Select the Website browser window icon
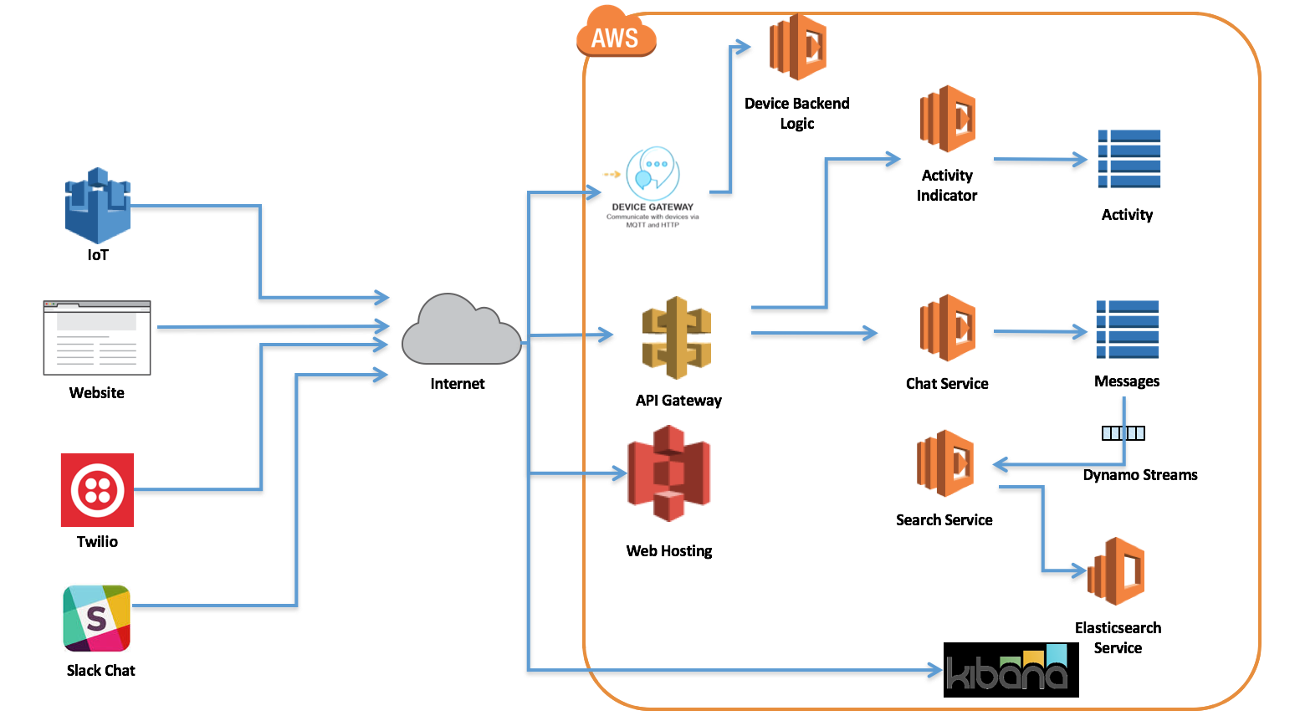click(97, 338)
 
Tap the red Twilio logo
click(97, 490)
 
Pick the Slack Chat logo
click(97, 618)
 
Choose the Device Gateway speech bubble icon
click(653, 173)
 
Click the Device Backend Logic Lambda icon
click(798, 47)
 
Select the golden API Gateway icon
click(677, 338)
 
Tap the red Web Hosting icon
click(669, 473)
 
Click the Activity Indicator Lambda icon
click(948, 119)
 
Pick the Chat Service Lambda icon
click(948, 328)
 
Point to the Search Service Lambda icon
click(945, 463)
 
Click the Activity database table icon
click(1129, 159)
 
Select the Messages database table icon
click(1128, 330)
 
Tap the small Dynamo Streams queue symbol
click(1123, 433)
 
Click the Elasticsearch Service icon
click(1116, 571)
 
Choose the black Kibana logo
click(1011, 670)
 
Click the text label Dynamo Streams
click(1140, 475)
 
